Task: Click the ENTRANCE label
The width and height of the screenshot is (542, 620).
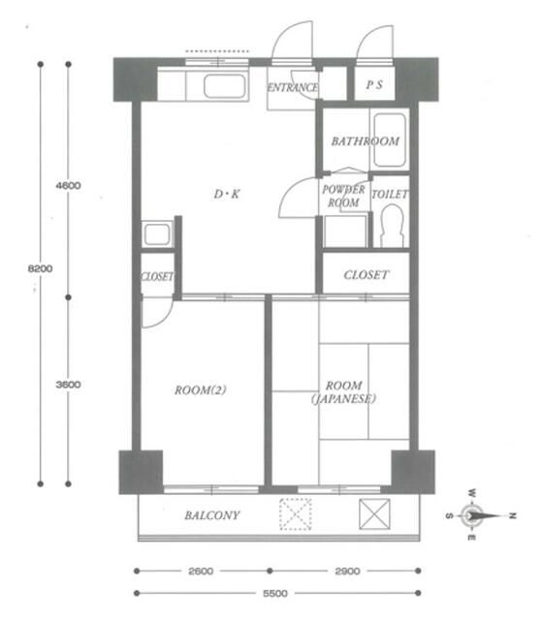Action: click(292, 87)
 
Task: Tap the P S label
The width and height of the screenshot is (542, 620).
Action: click(374, 85)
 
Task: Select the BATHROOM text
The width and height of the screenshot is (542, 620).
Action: click(365, 141)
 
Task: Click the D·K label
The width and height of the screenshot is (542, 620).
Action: click(227, 195)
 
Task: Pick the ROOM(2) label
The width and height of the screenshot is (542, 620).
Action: click(201, 390)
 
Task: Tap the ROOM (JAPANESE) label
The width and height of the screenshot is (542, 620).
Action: click(344, 391)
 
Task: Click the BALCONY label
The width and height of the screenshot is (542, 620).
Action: click(212, 515)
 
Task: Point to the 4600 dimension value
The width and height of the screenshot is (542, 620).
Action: click(68, 184)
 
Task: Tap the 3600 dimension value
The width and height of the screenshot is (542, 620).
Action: click(68, 385)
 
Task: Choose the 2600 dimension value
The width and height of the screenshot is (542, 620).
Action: click(201, 572)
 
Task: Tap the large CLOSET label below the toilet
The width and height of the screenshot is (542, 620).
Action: click(367, 275)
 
